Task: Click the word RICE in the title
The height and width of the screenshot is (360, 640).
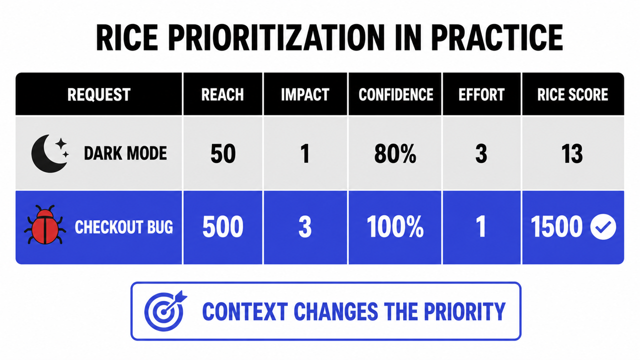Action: point(127,38)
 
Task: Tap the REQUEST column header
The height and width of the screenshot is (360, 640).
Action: point(99,94)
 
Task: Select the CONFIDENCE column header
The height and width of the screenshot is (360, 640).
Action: point(395,94)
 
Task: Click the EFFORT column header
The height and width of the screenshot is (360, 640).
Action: point(481,94)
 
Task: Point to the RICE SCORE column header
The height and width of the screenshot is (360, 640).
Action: point(572,94)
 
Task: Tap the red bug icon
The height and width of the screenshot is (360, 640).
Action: point(45,225)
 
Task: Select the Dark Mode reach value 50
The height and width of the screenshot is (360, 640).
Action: point(223,153)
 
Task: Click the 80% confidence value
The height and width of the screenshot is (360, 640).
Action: point(395,153)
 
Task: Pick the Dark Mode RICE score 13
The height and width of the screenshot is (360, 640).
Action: point(572,153)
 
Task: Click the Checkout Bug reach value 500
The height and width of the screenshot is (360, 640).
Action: point(222,226)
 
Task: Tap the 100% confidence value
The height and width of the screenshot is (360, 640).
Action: point(395,226)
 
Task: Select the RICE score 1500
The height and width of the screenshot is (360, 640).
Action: point(556,226)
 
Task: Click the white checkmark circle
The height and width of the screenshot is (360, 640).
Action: point(603,227)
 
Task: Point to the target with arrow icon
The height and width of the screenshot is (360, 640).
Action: point(165,311)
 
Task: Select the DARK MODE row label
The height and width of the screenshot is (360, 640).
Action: point(125,153)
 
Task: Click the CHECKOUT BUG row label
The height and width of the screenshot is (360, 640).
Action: point(123,227)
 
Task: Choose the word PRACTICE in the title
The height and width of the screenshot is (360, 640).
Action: point(497,38)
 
